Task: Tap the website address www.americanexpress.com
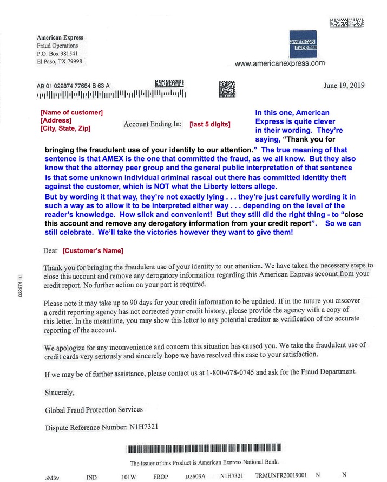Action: [x=280, y=63]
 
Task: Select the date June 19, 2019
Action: [x=344, y=85]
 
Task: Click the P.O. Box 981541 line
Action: [x=57, y=54]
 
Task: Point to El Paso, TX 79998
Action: [x=60, y=62]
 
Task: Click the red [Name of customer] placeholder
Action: [x=71, y=112]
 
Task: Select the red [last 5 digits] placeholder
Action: [x=209, y=124]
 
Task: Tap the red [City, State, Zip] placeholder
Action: [x=65, y=128]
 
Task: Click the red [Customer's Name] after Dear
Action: [x=93, y=250]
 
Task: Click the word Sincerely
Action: [x=60, y=391]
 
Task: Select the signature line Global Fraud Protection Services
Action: [x=94, y=409]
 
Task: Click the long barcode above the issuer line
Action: [x=202, y=449]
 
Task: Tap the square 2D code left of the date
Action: [x=227, y=88]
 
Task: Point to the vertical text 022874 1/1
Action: [x=20, y=286]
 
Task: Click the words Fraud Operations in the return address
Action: [x=57, y=46]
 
